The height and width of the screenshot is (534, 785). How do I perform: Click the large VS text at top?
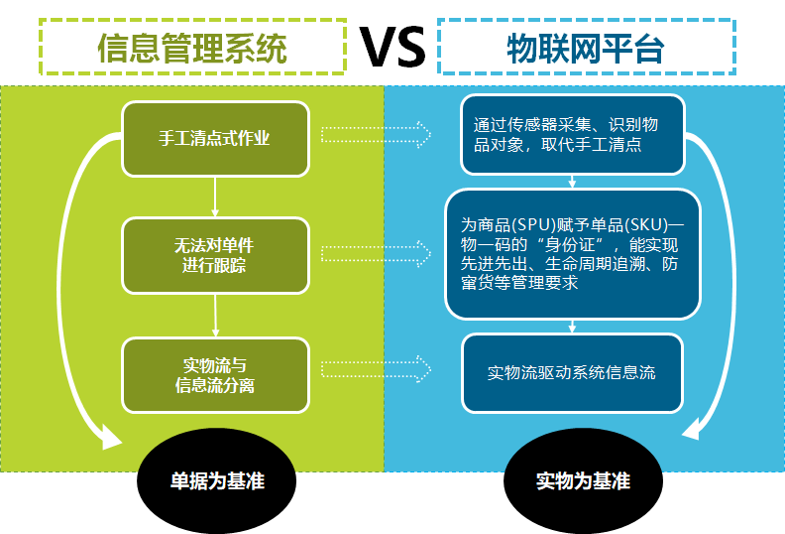(x=392, y=47)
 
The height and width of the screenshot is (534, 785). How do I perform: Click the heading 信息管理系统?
(x=192, y=49)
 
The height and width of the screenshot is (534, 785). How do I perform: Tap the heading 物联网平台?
(x=586, y=49)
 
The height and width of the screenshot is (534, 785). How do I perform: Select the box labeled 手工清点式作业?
(x=215, y=139)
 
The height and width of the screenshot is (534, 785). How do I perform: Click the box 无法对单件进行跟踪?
(x=215, y=255)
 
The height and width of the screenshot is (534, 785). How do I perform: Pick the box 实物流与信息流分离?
(x=215, y=375)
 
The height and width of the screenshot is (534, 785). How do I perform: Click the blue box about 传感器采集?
(x=572, y=134)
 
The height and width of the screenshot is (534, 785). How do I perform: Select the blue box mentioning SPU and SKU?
(x=572, y=254)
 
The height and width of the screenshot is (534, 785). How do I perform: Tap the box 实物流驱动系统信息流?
(x=572, y=373)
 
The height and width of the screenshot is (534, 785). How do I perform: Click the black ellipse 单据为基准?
(x=217, y=480)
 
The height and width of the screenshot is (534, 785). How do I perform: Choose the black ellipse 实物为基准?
(x=583, y=480)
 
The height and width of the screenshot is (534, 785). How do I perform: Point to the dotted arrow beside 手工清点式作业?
(x=376, y=134)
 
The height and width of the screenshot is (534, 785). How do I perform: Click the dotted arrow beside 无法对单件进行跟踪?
(x=376, y=254)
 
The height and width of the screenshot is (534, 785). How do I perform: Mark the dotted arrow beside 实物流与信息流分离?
(x=376, y=369)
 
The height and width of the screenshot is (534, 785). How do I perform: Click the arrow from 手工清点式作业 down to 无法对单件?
(x=215, y=198)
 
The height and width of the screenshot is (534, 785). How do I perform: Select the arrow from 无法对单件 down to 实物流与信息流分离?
(x=215, y=316)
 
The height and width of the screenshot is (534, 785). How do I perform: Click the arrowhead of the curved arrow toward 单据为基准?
(x=110, y=438)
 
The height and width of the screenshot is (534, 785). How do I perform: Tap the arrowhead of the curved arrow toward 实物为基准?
(x=692, y=429)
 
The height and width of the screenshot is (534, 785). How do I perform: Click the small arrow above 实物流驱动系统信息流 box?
(x=572, y=327)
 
